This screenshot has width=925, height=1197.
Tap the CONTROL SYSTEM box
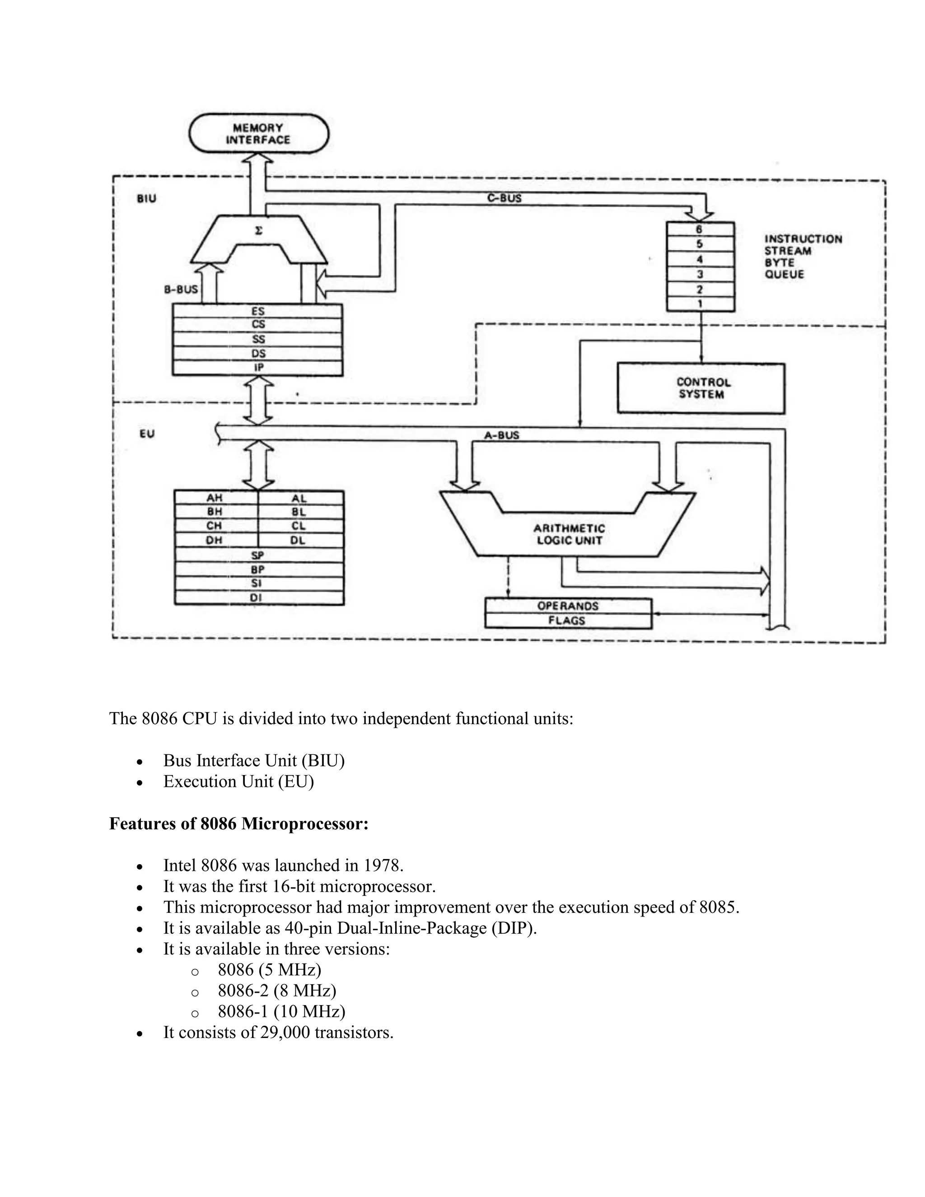click(x=701, y=388)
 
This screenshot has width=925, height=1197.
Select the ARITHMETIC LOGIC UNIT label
click(x=569, y=534)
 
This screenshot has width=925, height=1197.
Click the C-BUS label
click(x=504, y=198)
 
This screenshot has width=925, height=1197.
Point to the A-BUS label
click(x=501, y=435)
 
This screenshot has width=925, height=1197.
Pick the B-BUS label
click(x=181, y=289)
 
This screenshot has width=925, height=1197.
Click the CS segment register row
click(x=257, y=324)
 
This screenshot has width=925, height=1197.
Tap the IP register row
click(x=257, y=368)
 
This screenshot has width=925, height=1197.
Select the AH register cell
click(x=215, y=498)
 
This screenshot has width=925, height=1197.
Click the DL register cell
click(x=299, y=540)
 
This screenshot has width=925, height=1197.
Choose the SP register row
click(x=257, y=555)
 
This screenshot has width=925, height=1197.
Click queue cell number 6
click(x=700, y=229)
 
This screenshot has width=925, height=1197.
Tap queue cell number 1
click(x=700, y=304)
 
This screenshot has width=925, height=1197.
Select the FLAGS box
click(x=567, y=621)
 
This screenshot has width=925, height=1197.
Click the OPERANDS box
click(x=568, y=606)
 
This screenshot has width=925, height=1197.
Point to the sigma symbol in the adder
click(x=259, y=231)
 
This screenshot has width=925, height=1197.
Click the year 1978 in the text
click(x=382, y=865)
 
